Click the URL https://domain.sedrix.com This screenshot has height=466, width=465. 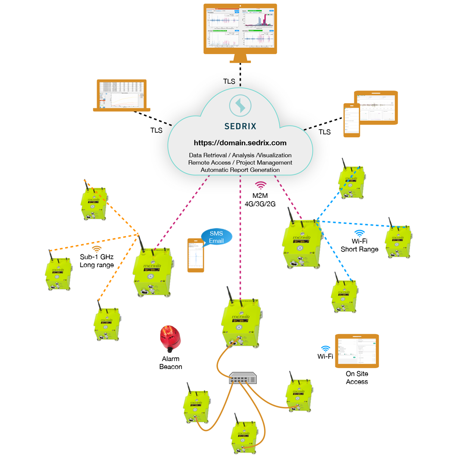(240, 142)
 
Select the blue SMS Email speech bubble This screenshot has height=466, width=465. (216, 237)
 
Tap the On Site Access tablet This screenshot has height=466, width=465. (357, 351)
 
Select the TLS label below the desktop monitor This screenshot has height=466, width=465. (229, 81)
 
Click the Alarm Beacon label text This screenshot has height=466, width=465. (171, 363)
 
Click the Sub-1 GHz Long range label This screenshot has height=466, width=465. (97, 261)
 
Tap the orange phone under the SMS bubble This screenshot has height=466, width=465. (196, 255)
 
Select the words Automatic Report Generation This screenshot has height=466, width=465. (240, 170)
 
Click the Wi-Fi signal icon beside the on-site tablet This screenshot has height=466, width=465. (325, 348)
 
